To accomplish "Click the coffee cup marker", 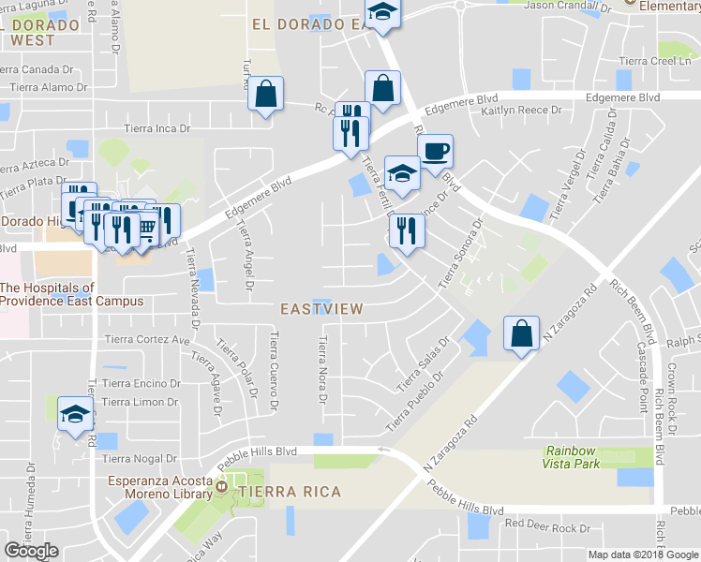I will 434,151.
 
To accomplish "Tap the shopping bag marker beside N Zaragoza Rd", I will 520,333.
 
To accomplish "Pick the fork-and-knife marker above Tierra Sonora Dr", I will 405,230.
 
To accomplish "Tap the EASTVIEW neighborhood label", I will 321,308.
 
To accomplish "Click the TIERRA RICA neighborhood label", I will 289,492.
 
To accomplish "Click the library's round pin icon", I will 221,487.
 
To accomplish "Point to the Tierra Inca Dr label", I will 157,129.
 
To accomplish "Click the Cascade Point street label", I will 644,368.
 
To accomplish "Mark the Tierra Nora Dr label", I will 321,371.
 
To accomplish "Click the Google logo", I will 32,551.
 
